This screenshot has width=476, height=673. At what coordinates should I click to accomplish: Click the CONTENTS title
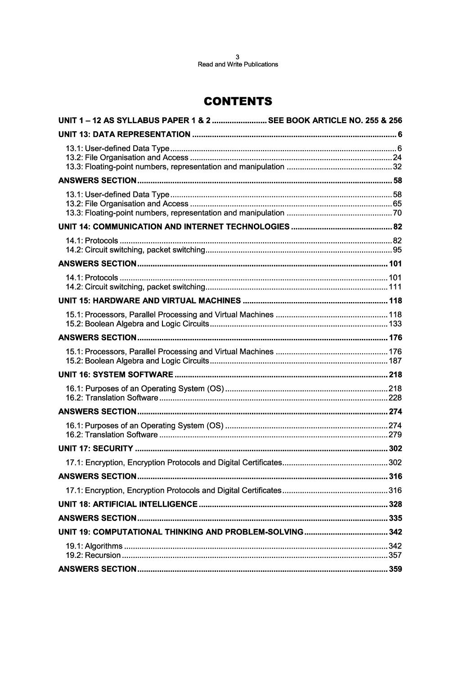coord(238,102)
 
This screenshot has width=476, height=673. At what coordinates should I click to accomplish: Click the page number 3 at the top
coord(238,57)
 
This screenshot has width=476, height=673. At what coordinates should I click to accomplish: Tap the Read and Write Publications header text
coord(238,64)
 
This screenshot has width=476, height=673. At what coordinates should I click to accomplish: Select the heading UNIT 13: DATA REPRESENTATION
coord(125,134)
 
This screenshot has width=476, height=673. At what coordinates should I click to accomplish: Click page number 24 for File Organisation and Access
coord(397,157)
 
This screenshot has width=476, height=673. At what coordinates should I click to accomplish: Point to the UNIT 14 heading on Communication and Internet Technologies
coord(174,227)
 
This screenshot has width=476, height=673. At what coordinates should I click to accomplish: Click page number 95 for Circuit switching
coord(397,250)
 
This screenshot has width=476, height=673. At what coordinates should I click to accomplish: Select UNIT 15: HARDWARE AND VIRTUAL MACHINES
coord(150,301)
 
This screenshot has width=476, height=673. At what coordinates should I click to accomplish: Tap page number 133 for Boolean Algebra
coord(395,324)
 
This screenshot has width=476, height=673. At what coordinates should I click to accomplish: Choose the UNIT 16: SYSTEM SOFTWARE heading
coord(116,374)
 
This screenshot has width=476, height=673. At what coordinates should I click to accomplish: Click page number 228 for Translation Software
coord(395,397)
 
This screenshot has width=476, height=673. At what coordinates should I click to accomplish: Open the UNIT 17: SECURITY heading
coord(96,448)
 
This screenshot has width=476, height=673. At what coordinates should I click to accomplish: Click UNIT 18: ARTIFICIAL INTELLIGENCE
coord(128,504)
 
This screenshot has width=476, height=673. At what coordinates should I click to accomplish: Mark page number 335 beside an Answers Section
coord(395,518)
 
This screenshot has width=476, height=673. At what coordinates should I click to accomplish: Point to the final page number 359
coord(395,569)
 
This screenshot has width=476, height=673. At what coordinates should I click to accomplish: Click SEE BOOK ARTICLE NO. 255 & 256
coord(335,120)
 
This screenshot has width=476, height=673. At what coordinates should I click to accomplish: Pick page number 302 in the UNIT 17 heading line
coord(395,448)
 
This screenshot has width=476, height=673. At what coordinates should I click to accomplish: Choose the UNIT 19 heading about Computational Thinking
coord(181,532)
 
